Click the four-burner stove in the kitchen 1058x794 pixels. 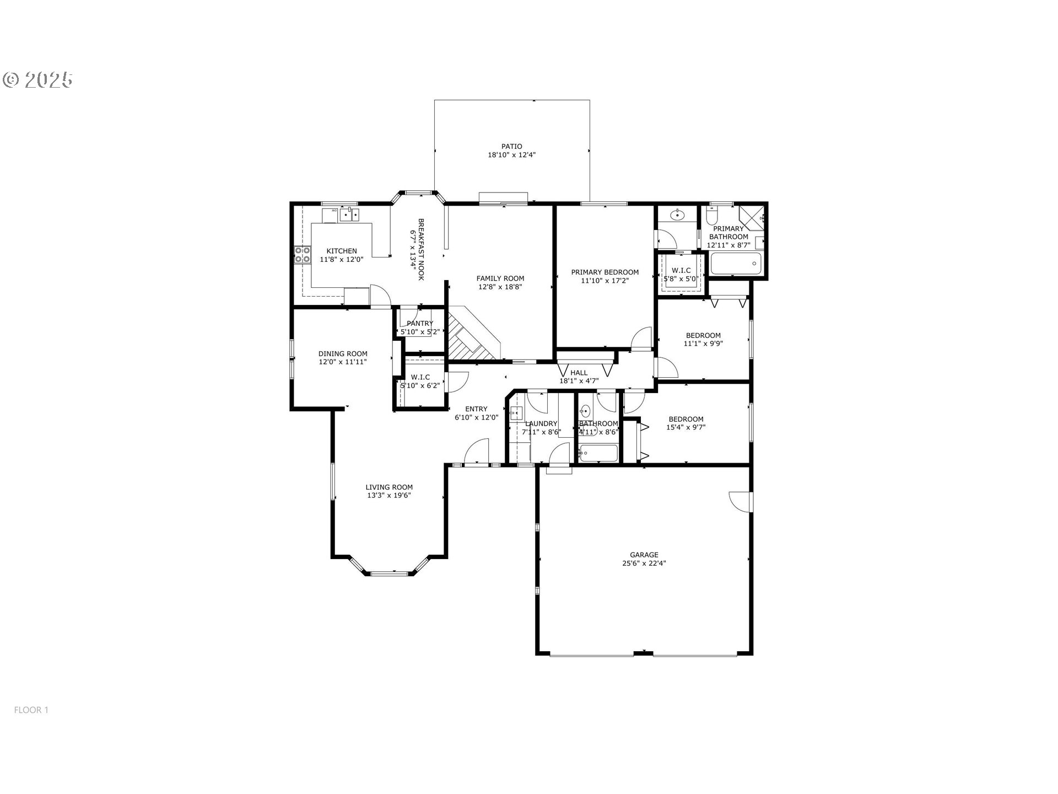point(302,255)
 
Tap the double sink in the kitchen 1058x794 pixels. point(349,214)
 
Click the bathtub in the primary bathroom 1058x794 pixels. point(736,264)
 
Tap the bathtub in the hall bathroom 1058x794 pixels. point(598,453)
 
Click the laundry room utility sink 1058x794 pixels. point(515,413)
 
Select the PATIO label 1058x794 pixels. point(512,147)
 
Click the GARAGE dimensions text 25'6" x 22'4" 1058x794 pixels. point(644,564)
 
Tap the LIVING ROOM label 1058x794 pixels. point(389,487)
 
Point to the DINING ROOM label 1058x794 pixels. point(343,354)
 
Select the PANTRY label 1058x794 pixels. point(420,324)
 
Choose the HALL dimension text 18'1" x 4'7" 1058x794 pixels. point(579,381)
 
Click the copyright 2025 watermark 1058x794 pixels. point(38,80)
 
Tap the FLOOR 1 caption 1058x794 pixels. point(31,710)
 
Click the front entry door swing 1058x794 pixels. point(477,452)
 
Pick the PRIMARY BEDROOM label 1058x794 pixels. point(604,272)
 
